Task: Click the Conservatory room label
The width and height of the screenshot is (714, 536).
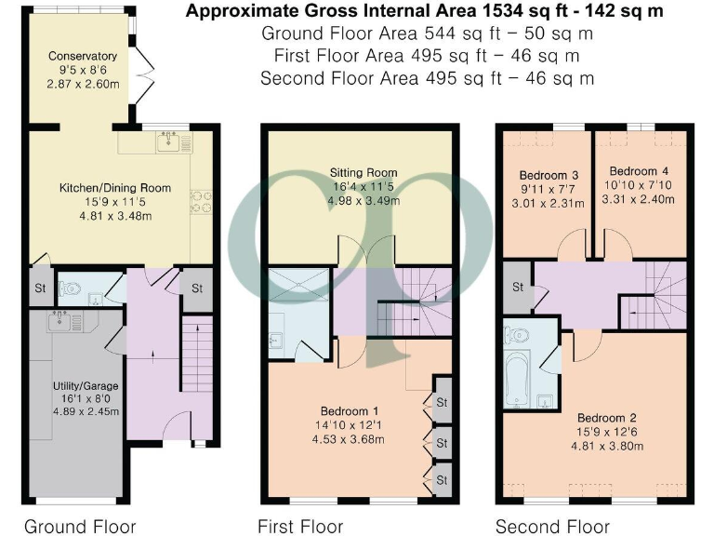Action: [x=83, y=56]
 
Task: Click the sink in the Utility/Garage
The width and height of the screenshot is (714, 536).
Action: [x=56, y=325]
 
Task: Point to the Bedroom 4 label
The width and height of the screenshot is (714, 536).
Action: [x=640, y=171]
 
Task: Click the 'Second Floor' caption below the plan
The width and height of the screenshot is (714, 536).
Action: [x=550, y=527]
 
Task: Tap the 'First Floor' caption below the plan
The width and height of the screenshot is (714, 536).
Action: [x=300, y=527]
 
